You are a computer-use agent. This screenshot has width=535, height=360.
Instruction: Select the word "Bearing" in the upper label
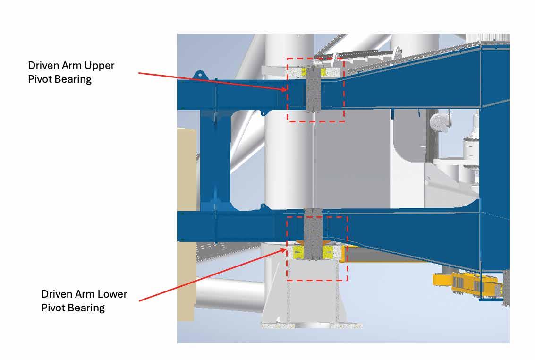pos(72,79)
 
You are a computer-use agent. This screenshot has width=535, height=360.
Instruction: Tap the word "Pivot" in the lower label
pos(53,308)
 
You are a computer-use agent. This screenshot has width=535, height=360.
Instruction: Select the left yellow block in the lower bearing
pos(299,251)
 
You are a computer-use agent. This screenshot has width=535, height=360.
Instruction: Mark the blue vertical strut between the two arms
pos(215,161)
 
